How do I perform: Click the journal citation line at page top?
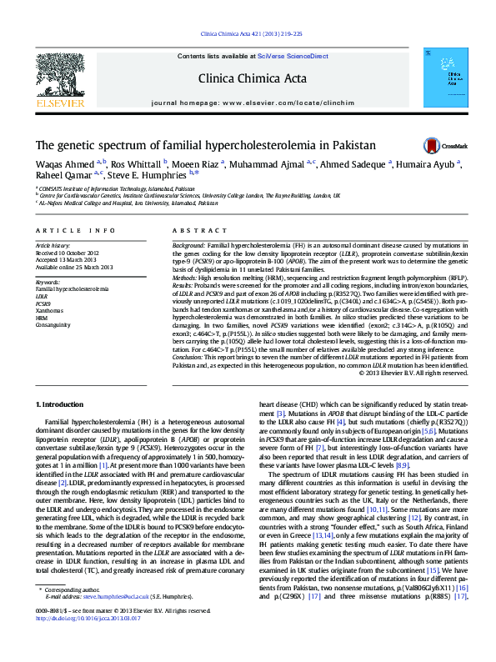click(x=248, y=33)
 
